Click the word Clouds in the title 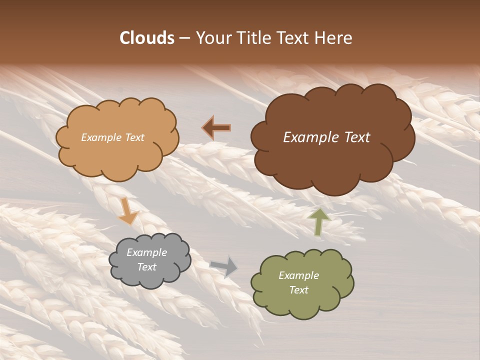pyautogui.click(x=146, y=38)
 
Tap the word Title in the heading pyautogui.click(x=254, y=38)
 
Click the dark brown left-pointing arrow pyautogui.click(x=216, y=128)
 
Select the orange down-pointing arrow pyautogui.click(x=128, y=210)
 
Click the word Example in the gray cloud pyautogui.click(x=146, y=252)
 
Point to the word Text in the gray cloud pyautogui.click(x=146, y=267)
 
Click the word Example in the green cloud pyautogui.click(x=298, y=275)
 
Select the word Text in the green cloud pyautogui.click(x=298, y=290)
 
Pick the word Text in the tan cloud pyautogui.click(x=134, y=137)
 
